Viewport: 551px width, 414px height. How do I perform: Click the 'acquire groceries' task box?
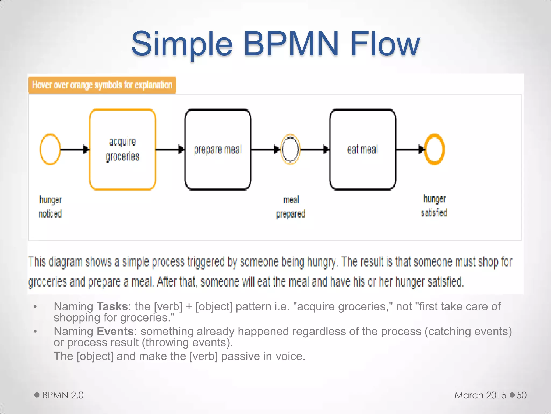pos(122,149)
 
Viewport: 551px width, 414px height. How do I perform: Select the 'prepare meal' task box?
pos(218,149)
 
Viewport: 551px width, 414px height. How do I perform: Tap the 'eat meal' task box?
pos(362,149)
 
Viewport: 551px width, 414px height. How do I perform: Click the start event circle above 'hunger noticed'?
pos(50,149)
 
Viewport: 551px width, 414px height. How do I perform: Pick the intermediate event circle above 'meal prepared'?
pos(290,149)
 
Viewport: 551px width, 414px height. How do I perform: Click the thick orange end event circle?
pos(434,149)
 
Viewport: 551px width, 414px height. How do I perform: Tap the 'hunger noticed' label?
pos(50,207)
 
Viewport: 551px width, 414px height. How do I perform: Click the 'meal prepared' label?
pos(291,207)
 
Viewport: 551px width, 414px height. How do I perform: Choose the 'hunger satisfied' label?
pos(434,206)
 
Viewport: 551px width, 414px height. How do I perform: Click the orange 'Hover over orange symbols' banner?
pos(102,85)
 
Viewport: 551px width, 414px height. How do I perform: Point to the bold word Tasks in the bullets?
pos(112,306)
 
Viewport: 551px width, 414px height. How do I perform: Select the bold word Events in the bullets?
pos(115,331)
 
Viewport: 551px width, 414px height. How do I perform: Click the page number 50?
pos(521,395)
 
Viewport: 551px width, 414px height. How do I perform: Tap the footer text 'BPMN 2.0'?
pos(63,395)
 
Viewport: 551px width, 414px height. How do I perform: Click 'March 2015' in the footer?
pos(480,395)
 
